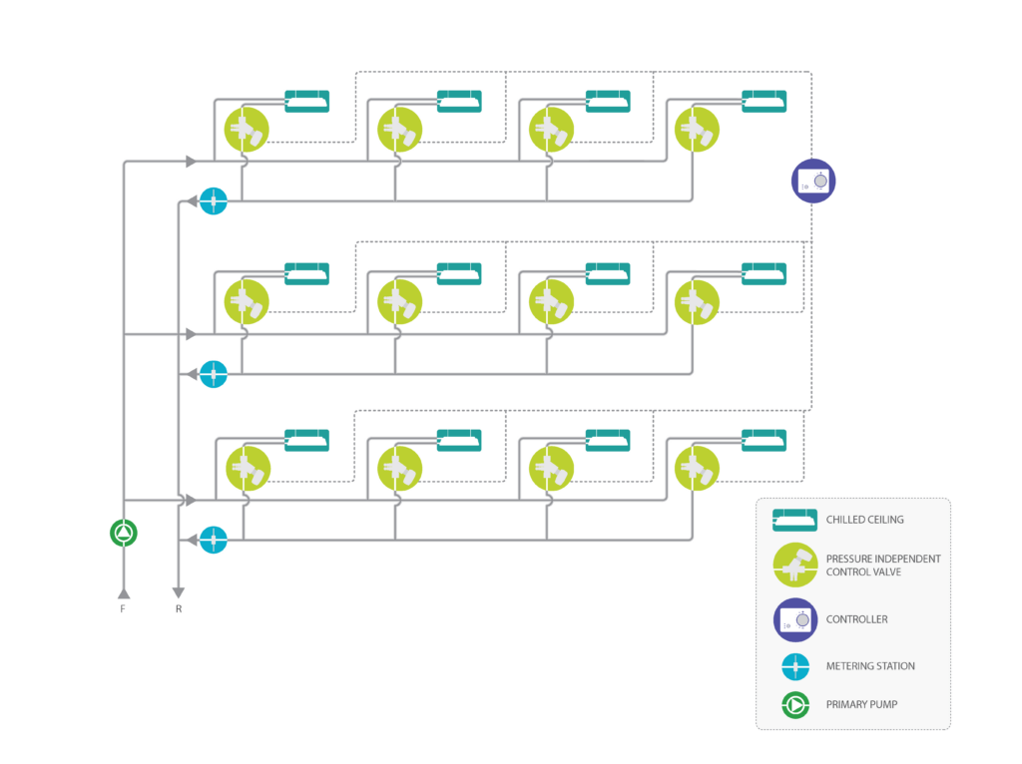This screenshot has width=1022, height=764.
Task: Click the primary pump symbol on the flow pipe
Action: point(123,533)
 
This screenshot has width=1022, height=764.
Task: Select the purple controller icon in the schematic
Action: point(813,182)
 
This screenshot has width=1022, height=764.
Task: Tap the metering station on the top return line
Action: point(214,201)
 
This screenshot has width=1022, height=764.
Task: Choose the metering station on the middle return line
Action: point(214,374)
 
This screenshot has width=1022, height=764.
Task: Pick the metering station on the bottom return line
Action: point(214,540)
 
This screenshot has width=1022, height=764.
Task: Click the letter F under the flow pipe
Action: point(123,609)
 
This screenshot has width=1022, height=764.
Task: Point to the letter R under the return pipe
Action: point(179,609)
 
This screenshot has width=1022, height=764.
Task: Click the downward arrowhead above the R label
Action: point(178,592)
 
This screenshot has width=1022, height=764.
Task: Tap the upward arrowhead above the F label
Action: point(124,593)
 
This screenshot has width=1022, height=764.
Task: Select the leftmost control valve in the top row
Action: point(248,130)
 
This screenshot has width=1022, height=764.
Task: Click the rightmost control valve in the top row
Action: point(698,130)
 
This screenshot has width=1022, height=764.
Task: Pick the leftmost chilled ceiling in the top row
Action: point(307,101)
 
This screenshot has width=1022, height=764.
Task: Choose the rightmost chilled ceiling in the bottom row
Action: point(764,440)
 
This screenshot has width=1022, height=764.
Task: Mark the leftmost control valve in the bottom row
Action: point(249,469)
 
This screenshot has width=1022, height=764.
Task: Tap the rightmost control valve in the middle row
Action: point(698,302)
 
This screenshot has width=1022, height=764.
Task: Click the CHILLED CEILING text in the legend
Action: point(865,520)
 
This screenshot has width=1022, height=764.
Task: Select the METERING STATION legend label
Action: point(870,665)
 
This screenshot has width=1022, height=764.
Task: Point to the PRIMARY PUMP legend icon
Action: point(795,705)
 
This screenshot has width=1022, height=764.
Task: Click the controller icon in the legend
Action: point(795,620)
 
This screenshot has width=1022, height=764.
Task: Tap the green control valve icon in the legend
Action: point(795,565)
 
